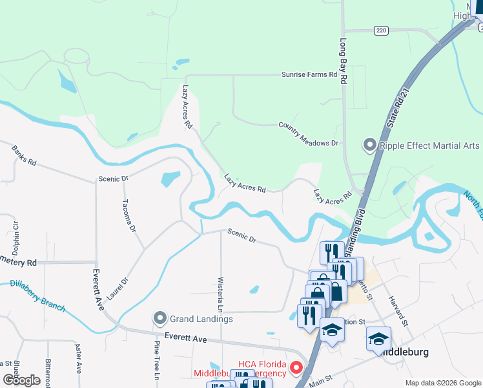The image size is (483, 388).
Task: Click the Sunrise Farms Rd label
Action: coord(309,75)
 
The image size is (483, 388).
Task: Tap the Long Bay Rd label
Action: coord(343,63)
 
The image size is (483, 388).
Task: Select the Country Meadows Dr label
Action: coord(308,134)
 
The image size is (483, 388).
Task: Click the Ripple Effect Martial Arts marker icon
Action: coord(370,145)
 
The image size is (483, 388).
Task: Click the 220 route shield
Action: coord(380,30)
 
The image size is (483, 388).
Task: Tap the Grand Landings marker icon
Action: coord(160,318)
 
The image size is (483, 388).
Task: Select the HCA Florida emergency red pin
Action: coord(296,368)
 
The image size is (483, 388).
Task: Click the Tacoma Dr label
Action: coord(129,215)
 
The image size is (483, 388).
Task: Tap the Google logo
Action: coord(21,380)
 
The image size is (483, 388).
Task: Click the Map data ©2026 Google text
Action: coord(442,383)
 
